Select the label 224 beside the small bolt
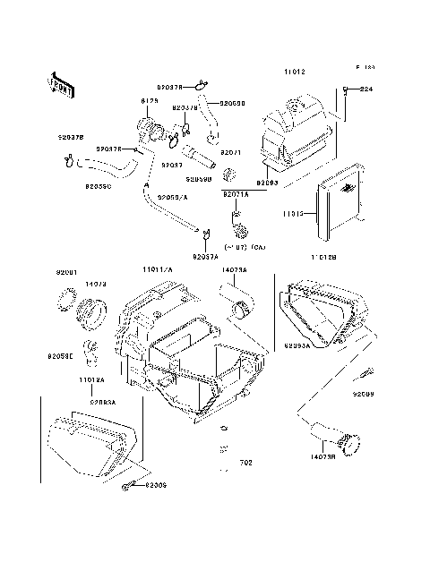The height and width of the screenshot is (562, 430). click(365, 89)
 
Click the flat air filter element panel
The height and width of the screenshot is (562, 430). click(340, 209)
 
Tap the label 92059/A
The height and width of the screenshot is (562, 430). click(173, 196)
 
